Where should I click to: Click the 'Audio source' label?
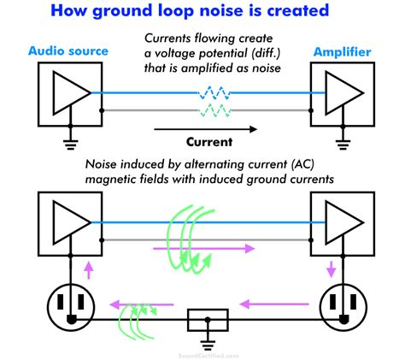pyautogui.click(x=68, y=51)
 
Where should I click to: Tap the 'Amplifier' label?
pyautogui.click(x=343, y=52)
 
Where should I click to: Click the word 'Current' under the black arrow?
pyautogui.click(x=209, y=142)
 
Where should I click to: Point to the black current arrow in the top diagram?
pyautogui.click(x=205, y=129)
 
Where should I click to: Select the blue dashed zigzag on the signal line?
pyautogui.click(x=214, y=93)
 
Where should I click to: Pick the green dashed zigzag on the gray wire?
pyautogui.click(x=214, y=110)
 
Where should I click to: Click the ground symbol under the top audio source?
pyautogui.click(x=71, y=145)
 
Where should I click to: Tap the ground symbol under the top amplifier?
pyautogui.click(x=343, y=145)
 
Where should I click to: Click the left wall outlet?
pyautogui.click(x=71, y=307)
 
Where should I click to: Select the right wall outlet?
pyautogui.click(x=343, y=307)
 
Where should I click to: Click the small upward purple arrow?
pyautogui.click(x=89, y=270)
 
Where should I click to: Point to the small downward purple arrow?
pyautogui.click(x=331, y=269)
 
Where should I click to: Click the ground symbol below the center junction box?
pyautogui.click(x=208, y=344)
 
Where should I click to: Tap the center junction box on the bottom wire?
pyautogui.click(x=208, y=320)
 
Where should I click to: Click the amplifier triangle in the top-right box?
pyautogui.click(x=344, y=93)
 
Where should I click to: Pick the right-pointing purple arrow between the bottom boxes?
pyautogui.click(x=204, y=249)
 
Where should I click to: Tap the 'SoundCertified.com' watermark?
pyautogui.click(x=208, y=356)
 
